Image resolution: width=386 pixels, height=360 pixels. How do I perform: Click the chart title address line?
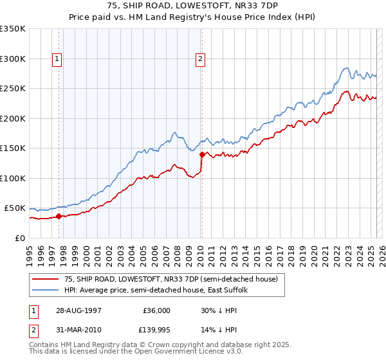tap(193, 5)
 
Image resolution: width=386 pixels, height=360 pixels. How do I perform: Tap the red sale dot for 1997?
tap(59, 216)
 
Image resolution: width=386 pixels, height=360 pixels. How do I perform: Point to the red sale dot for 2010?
tap(202, 154)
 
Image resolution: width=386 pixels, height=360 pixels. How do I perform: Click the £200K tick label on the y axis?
tap(13, 118)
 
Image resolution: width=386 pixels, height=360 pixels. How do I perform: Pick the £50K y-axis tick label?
tap(15, 208)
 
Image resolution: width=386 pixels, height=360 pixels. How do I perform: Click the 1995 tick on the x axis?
tap(30, 251)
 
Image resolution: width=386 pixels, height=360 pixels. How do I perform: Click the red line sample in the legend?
tap(46, 280)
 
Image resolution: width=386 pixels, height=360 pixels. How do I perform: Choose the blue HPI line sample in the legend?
tap(46, 291)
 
